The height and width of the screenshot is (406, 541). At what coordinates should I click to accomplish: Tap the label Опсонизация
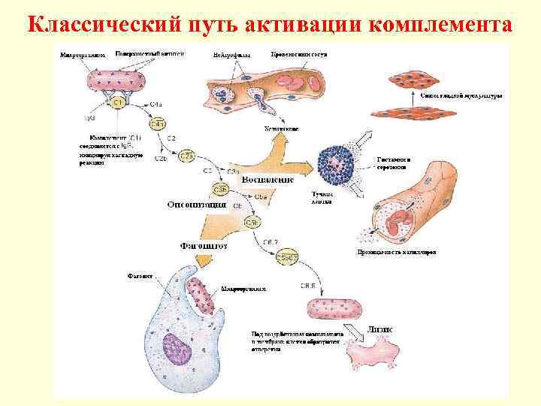(x=197, y=203)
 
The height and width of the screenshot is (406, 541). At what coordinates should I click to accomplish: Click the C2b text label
(x=161, y=159)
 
